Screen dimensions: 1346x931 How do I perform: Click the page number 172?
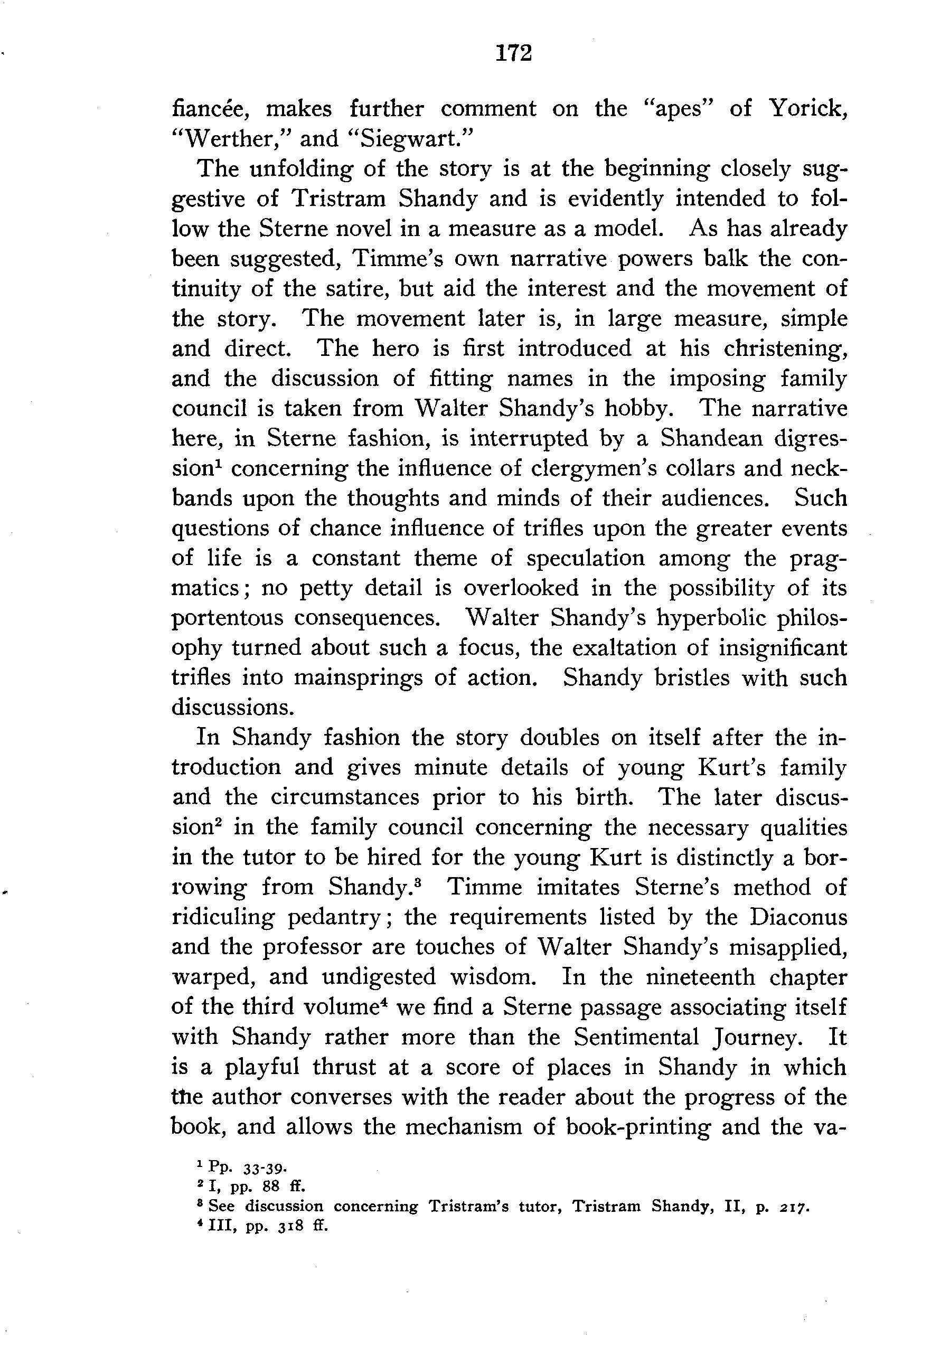[514, 54]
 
